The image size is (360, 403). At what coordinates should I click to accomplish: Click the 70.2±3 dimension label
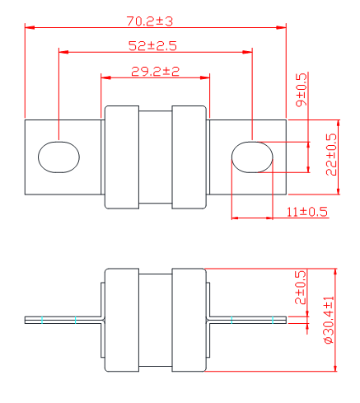point(150,21)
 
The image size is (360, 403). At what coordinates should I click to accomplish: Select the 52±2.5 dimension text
point(152,46)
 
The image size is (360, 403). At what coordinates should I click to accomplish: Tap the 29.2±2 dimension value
point(155,72)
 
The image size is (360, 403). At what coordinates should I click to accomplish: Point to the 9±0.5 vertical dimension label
point(302,90)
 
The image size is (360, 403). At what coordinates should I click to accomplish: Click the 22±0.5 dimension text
point(331,154)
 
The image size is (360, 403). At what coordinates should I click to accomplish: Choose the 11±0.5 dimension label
point(307,212)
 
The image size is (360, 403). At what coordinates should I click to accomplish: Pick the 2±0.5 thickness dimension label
point(300,288)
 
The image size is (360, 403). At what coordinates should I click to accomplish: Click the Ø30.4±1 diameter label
point(329,320)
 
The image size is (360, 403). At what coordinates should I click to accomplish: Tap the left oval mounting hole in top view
point(58,157)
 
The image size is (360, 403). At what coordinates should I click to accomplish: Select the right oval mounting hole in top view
point(252,157)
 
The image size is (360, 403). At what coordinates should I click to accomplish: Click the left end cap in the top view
point(122,157)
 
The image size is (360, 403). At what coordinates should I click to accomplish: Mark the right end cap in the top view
point(189,157)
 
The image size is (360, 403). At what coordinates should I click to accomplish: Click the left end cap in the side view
point(122,320)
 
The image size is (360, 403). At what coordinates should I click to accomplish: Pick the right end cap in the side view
point(189,320)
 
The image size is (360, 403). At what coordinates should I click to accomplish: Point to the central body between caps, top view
point(156,157)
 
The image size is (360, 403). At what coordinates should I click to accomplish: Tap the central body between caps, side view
point(156,320)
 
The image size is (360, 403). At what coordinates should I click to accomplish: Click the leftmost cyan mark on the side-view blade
point(42,320)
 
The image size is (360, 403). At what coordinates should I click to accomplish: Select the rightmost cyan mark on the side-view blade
point(273,320)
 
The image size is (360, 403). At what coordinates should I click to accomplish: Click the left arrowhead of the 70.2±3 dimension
point(30,27)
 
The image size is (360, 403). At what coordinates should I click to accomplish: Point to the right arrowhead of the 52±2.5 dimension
point(247,52)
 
